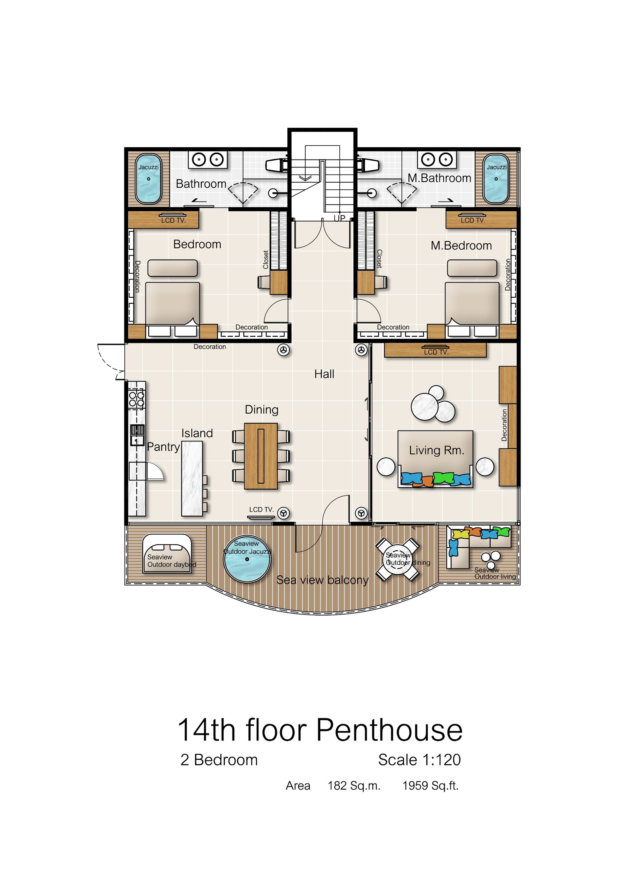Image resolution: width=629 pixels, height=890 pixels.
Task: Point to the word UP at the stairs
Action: [339, 218]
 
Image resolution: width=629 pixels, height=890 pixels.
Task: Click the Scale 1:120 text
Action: [419, 760]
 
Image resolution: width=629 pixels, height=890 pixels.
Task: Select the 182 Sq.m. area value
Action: [354, 786]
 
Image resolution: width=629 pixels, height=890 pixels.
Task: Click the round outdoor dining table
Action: [398, 559]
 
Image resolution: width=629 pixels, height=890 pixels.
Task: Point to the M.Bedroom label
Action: [461, 245]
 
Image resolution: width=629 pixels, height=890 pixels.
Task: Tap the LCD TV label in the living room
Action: [436, 352]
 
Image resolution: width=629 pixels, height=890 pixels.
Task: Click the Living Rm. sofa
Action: [435, 458]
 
